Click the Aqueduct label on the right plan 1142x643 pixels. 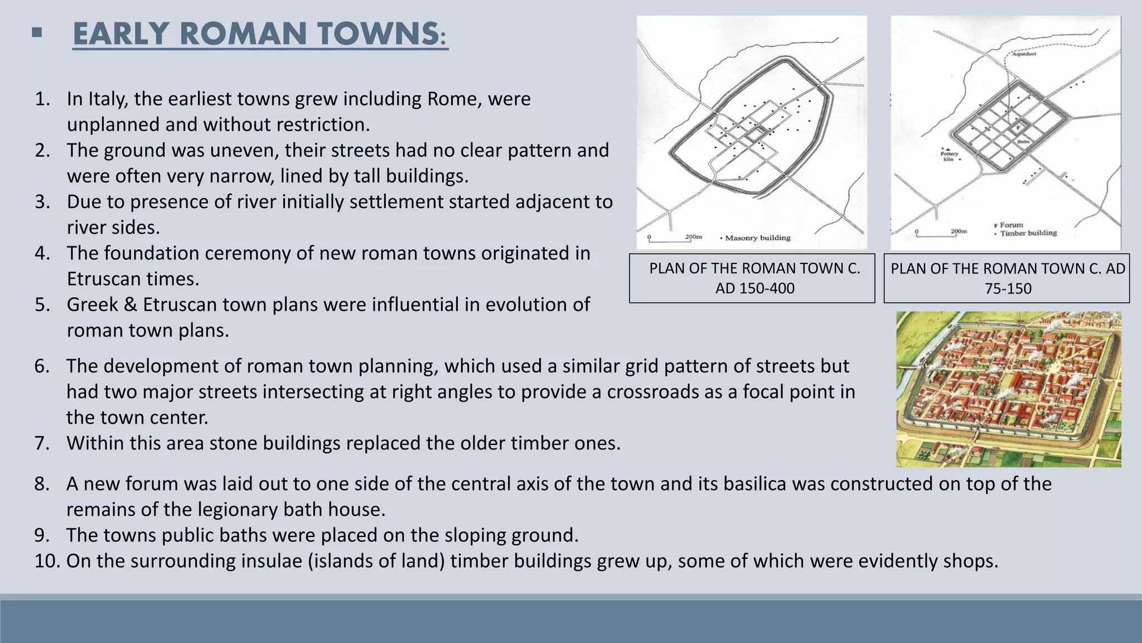point(1024,54)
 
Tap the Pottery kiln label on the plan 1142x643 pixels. point(949,156)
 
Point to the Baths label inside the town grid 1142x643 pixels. point(1023,142)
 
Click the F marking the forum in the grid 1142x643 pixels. point(1018,128)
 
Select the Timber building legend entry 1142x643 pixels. point(1028,233)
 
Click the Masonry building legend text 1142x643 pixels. point(757,238)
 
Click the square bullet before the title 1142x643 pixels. point(37,33)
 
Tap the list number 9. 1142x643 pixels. point(42,535)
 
